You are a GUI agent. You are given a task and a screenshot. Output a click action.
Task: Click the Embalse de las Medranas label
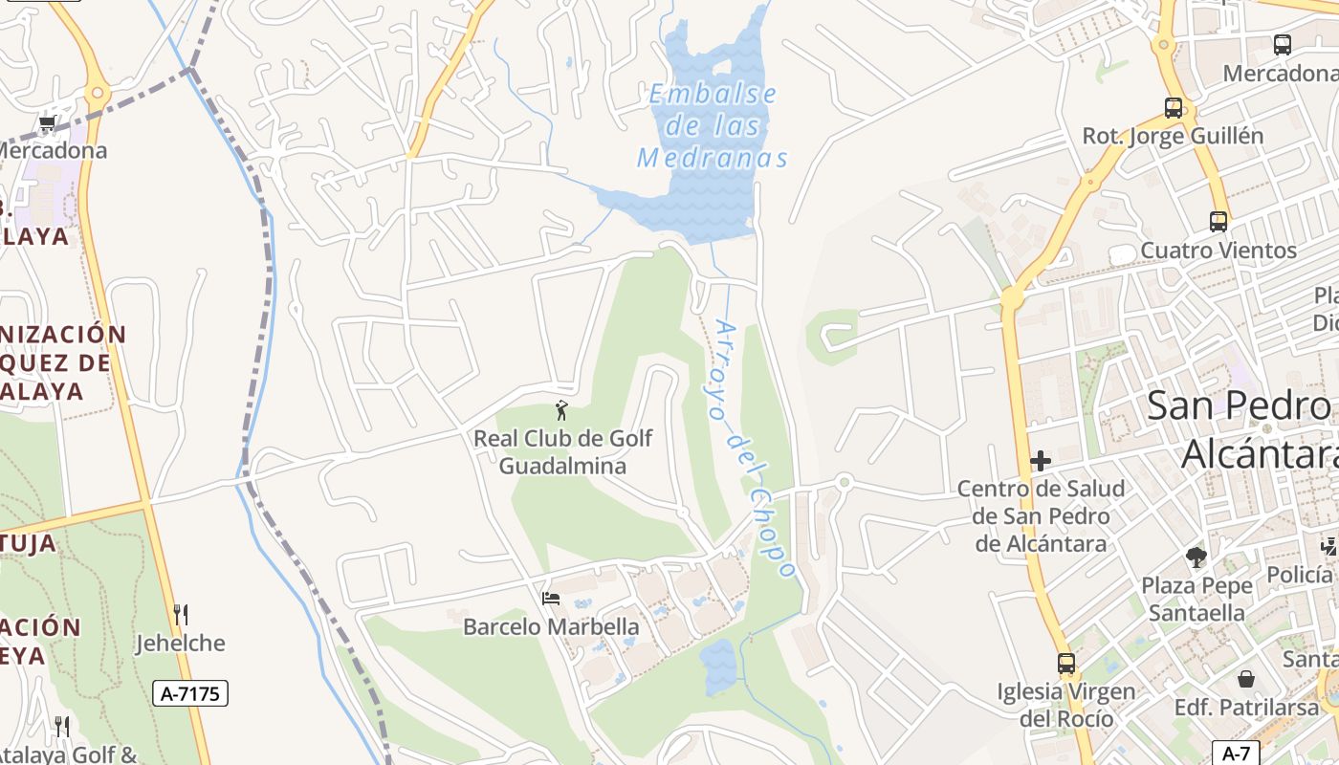pos(713,125)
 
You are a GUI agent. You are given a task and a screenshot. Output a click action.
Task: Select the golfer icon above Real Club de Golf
pos(561,411)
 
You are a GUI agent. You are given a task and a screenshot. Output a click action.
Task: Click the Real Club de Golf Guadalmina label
pos(563,452)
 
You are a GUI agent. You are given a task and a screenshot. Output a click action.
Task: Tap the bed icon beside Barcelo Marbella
pos(551,599)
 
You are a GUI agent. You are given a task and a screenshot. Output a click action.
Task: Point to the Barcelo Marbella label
pos(551,627)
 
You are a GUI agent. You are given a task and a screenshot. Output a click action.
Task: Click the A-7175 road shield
pos(190,693)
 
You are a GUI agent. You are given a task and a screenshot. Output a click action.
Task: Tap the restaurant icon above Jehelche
pos(180,614)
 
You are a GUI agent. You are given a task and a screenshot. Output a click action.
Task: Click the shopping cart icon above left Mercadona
pos(48,123)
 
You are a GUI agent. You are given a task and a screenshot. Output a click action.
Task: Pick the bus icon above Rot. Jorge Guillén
pos(1174,108)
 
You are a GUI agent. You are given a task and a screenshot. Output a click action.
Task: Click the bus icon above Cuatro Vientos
pos(1218,222)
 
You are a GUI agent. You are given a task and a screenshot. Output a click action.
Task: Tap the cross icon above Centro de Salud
pos(1041,462)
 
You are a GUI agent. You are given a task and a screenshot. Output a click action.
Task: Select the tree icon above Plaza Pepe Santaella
pos(1196,557)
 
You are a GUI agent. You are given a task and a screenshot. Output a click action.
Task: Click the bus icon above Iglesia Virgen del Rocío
pos(1065,663)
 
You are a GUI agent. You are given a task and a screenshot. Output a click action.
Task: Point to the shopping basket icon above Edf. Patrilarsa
pos(1247,680)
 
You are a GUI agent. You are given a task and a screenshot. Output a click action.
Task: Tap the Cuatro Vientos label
pos(1218,251)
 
